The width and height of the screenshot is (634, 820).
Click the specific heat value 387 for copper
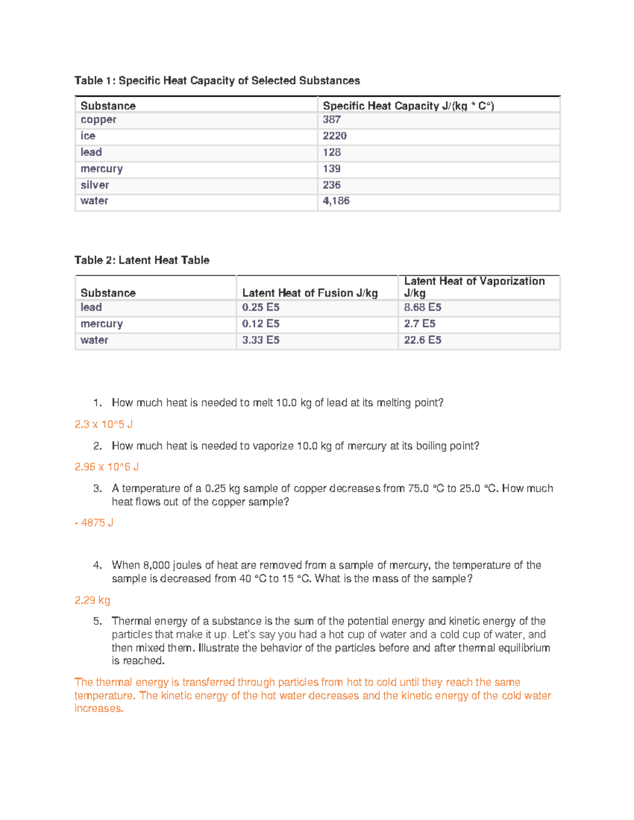click(x=332, y=120)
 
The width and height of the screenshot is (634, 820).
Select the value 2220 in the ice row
click(x=334, y=136)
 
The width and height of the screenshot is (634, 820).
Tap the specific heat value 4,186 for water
click(x=336, y=201)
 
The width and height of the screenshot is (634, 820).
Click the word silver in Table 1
click(x=95, y=185)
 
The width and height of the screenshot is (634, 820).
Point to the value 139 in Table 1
click(x=332, y=169)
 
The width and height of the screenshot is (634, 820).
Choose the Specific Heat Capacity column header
click(x=408, y=106)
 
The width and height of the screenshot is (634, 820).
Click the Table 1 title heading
click(x=217, y=81)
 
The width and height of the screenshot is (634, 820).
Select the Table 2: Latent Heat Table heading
click(x=142, y=260)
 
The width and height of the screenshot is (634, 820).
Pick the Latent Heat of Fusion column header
click(x=310, y=293)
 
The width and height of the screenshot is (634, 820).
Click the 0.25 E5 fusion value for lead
click(x=260, y=308)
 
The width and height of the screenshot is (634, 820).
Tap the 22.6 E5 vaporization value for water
click(x=422, y=341)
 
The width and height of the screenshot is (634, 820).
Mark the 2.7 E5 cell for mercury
click(x=419, y=324)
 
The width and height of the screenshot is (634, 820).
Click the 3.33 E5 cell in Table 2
click(x=260, y=341)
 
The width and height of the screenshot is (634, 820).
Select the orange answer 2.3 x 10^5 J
click(x=104, y=425)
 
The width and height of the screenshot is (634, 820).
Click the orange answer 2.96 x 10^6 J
click(x=106, y=467)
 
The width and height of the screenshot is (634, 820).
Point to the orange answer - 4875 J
click(x=94, y=523)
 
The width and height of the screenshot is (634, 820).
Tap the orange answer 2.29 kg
click(x=92, y=600)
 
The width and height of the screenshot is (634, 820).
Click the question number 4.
click(x=97, y=565)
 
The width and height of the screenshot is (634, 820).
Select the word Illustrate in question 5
click(x=218, y=648)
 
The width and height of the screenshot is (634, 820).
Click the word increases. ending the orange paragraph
click(x=99, y=709)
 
